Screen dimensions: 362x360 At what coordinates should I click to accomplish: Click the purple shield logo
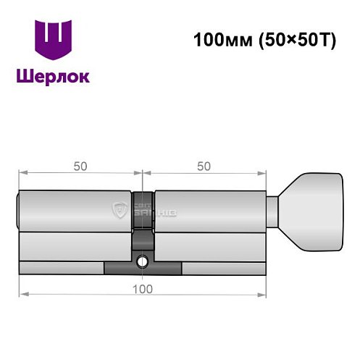(x=53, y=39)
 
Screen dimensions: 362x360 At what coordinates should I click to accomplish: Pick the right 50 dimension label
(x=204, y=166)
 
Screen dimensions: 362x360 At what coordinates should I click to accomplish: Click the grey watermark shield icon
(x=119, y=211)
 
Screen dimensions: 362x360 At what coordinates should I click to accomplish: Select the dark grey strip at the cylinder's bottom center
(x=143, y=268)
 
